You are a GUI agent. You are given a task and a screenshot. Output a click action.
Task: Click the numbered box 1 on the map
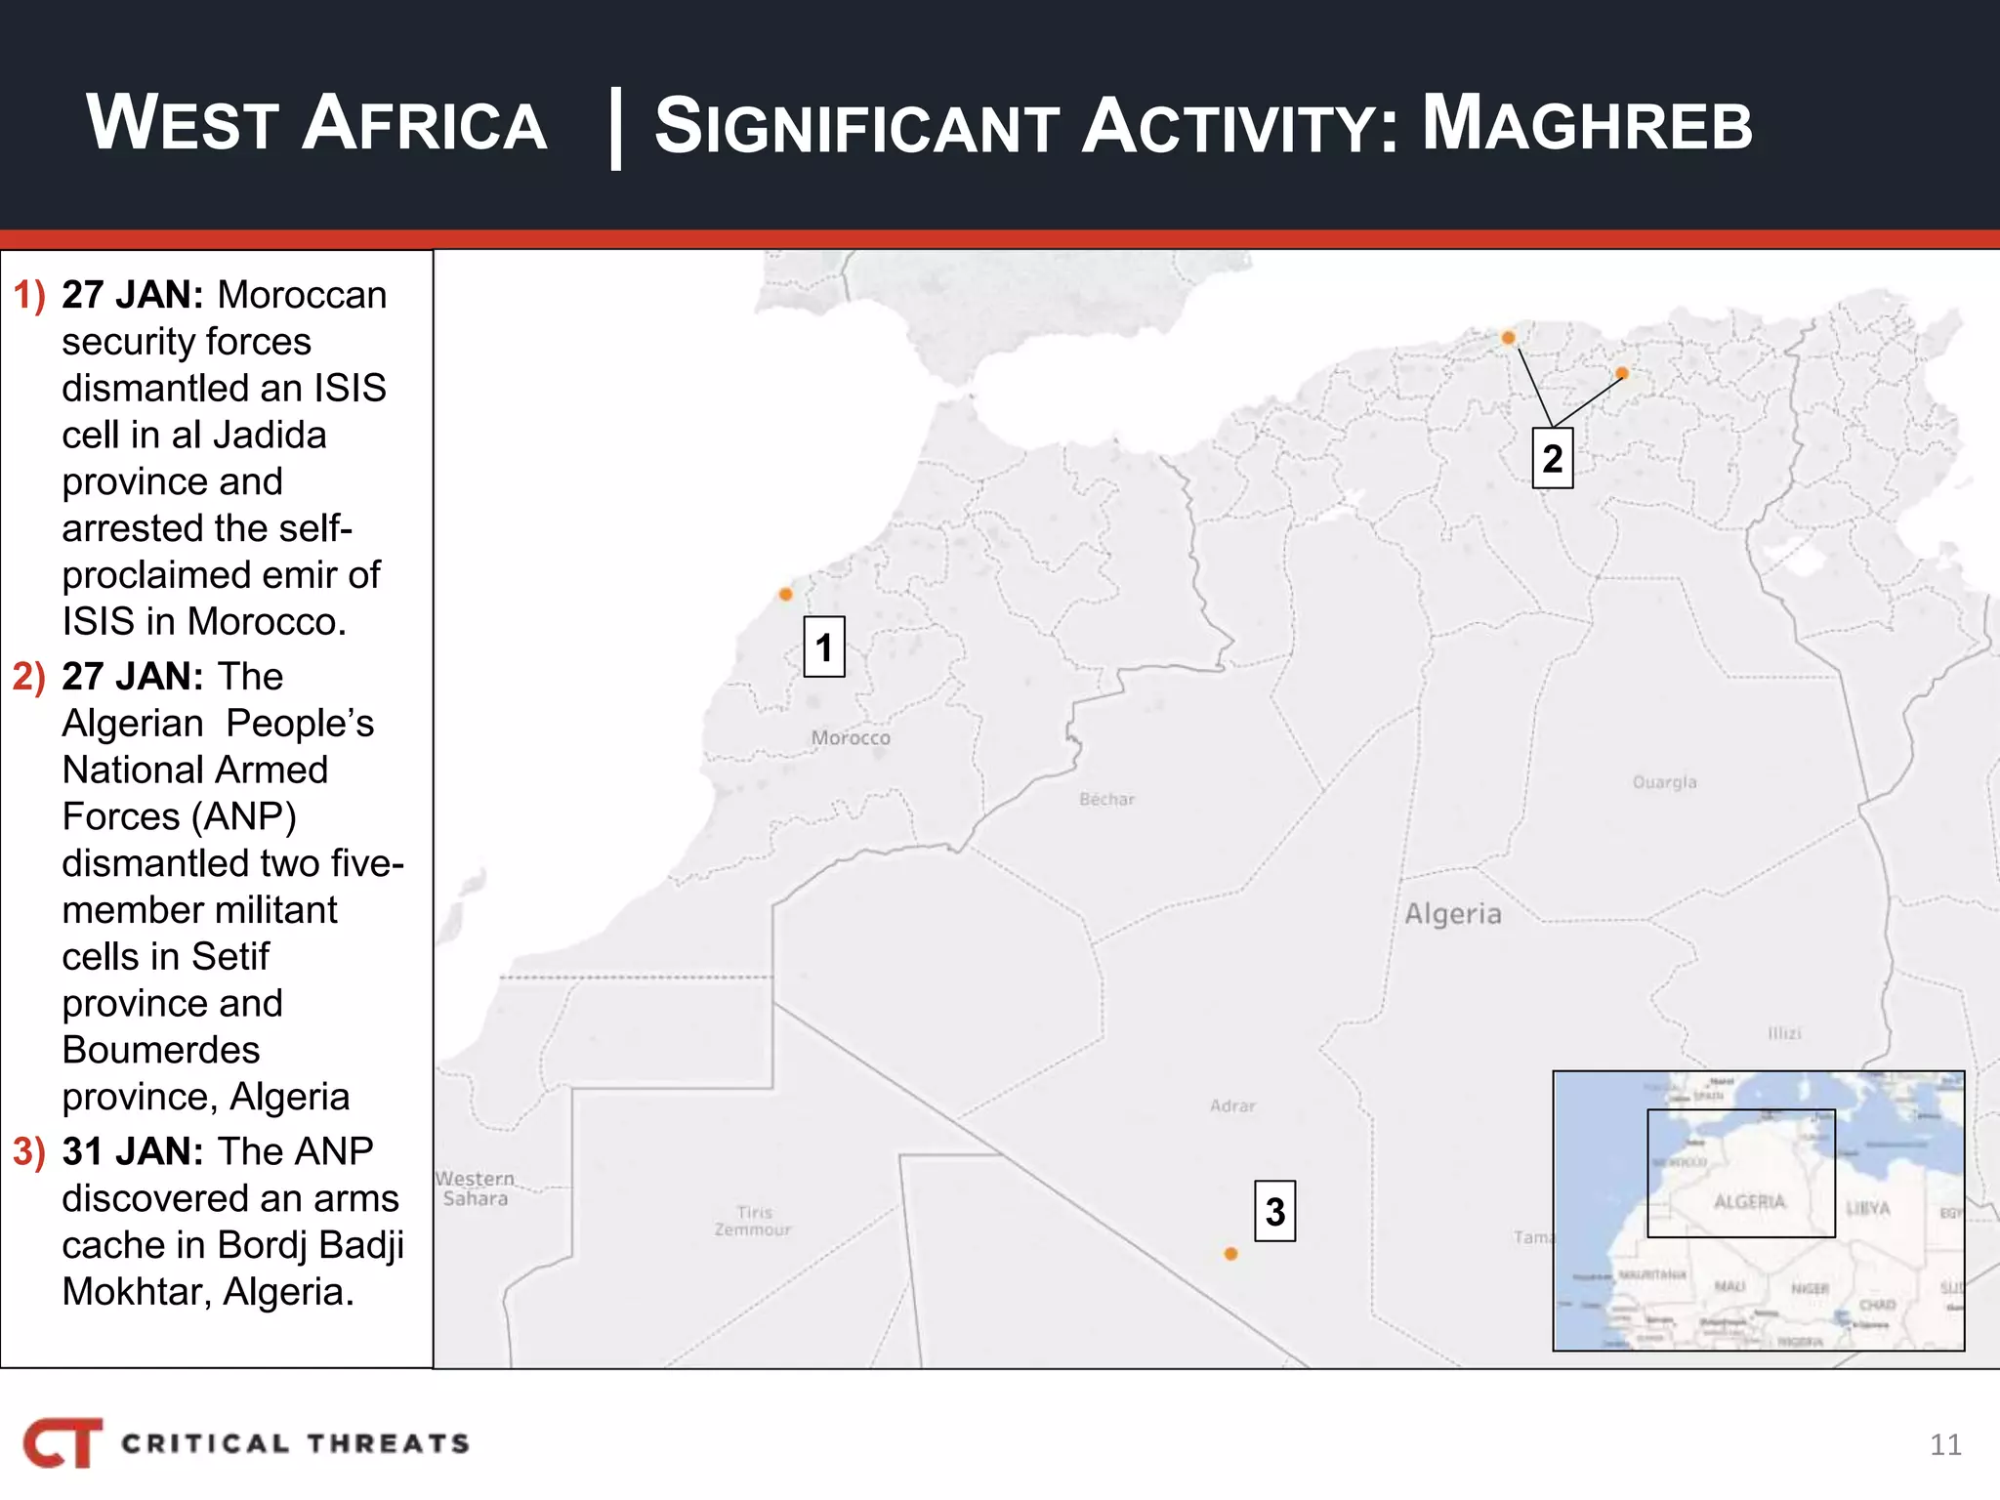[x=823, y=646]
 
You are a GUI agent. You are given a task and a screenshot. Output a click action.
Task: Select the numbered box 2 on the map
[x=1552, y=458]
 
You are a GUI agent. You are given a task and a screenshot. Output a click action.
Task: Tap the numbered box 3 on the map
[x=1274, y=1212]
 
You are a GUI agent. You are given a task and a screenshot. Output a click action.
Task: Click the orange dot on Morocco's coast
[x=785, y=594]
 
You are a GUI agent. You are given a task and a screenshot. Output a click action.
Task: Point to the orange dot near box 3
[x=1230, y=1254]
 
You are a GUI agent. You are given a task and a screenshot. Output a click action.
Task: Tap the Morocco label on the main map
[x=851, y=738]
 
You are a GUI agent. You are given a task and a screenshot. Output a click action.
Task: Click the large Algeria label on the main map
[x=1452, y=914]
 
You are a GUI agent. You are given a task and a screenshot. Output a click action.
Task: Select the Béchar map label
[x=1106, y=799]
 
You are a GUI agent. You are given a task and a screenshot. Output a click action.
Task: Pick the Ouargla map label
[x=1664, y=782]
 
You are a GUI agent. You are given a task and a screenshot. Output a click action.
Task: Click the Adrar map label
[x=1232, y=1106]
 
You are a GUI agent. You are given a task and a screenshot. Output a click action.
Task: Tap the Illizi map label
[x=1784, y=1033]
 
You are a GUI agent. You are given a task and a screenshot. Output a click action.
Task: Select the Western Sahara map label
[x=475, y=1188]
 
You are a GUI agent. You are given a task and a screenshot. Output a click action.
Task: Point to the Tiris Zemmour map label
[x=753, y=1221]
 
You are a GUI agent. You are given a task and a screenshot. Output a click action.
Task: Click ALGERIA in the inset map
[x=1749, y=1202]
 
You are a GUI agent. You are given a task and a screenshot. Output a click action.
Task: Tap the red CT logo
[x=62, y=1442]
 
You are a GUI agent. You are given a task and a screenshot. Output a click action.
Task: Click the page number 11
[x=1945, y=1444]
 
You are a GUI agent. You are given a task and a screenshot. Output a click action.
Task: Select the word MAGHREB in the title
[x=1587, y=125]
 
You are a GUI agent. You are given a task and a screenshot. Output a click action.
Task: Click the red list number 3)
[x=29, y=1152]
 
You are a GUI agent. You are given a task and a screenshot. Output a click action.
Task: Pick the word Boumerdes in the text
[x=161, y=1050]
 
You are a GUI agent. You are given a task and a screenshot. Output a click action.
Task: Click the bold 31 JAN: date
[x=133, y=1152]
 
